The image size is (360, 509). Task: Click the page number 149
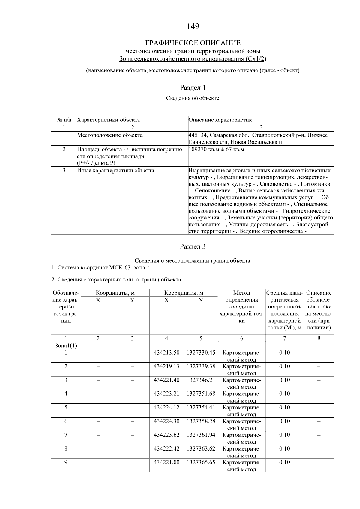(x=193, y=27)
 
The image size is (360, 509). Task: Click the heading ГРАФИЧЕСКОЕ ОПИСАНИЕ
(x=193, y=43)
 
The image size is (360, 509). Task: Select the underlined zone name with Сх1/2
(x=193, y=59)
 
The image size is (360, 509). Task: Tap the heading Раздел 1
(x=193, y=88)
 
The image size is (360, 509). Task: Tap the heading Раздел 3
(x=193, y=246)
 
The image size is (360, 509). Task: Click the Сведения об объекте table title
(x=193, y=98)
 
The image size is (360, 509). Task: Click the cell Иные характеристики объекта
(x=116, y=171)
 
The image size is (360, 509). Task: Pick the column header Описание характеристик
(x=220, y=120)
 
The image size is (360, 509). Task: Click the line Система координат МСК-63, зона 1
(x=100, y=267)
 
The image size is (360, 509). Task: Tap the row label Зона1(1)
(x=66, y=346)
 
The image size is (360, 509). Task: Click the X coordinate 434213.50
(x=166, y=353)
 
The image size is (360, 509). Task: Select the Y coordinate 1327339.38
(x=201, y=366)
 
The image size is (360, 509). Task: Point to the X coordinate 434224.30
(x=166, y=421)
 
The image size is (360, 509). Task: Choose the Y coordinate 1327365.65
(x=201, y=462)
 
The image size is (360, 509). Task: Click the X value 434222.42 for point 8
(x=166, y=449)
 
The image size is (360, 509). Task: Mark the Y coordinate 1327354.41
(x=201, y=407)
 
